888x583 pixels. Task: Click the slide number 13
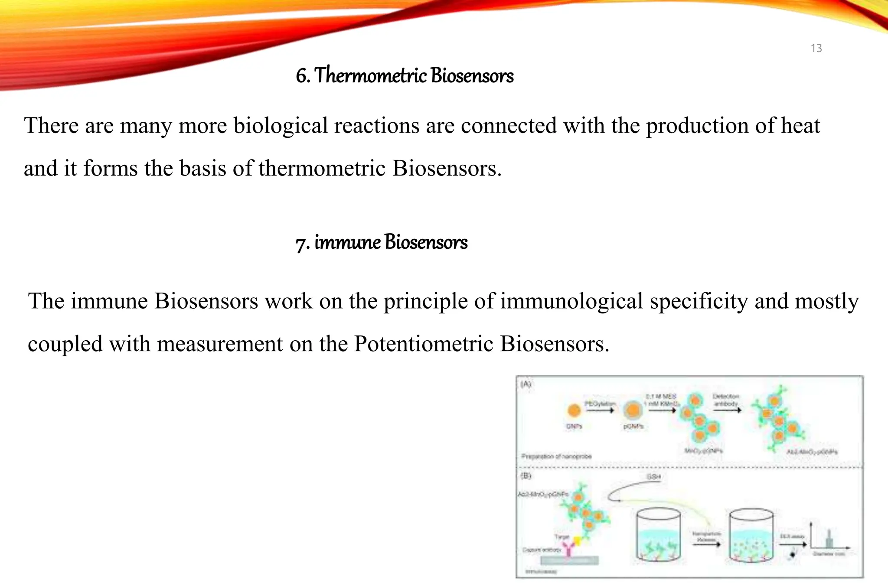pyautogui.click(x=816, y=48)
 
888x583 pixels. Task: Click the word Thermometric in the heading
pyautogui.click(x=371, y=75)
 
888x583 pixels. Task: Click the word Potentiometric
pyautogui.click(x=424, y=344)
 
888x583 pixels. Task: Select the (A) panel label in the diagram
pyautogui.click(x=526, y=384)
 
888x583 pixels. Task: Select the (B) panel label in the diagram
pyautogui.click(x=526, y=476)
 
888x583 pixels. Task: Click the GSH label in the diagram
pyautogui.click(x=653, y=477)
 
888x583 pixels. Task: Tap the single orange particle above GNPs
pyautogui.click(x=574, y=410)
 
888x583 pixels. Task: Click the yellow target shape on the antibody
pyautogui.click(x=577, y=540)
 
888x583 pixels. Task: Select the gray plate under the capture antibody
pyautogui.click(x=569, y=560)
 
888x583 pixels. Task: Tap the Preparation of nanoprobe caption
pyautogui.click(x=556, y=456)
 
